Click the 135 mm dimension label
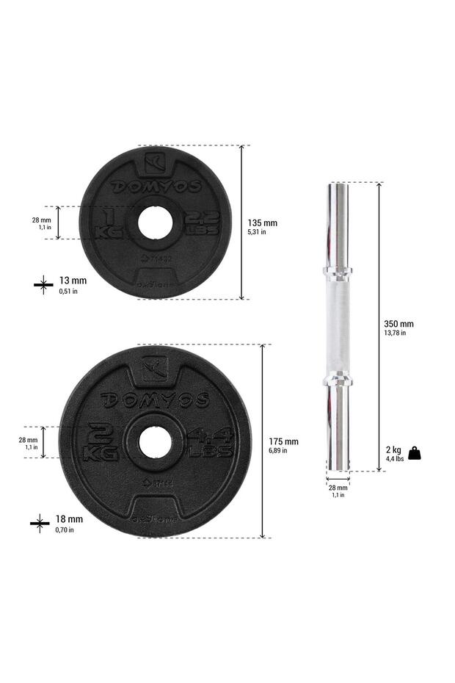click(263, 223)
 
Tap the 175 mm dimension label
click(283, 441)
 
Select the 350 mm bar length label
click(398, 324)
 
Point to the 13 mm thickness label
click(72, 281)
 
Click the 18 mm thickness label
click(70, 519)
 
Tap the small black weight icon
click(415, 453)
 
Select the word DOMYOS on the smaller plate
click(156, 187)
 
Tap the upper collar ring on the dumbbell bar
click(338, 272)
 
